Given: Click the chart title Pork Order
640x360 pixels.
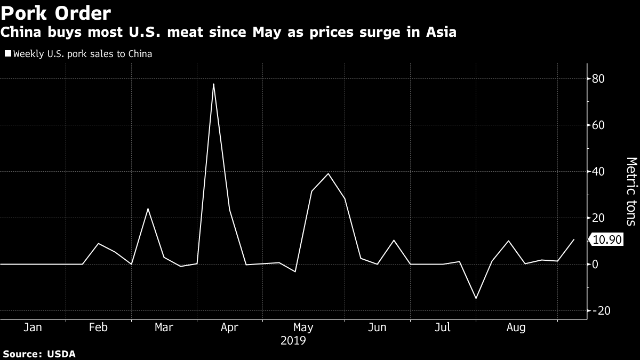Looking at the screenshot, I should (56, 12).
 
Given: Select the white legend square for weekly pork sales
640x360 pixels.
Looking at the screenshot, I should (7, 54).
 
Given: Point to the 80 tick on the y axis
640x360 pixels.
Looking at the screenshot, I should (598, 79).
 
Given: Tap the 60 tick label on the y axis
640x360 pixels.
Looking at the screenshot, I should (598, 125).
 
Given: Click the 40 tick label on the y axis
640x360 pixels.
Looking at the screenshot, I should (598, 172).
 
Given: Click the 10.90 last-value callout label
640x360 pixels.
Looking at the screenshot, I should (607, 240).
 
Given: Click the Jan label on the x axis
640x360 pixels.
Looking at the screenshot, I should (33, 327).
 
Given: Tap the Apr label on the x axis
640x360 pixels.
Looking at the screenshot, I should (229, 327).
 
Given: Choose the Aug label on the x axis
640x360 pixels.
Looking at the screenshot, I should (516, 327).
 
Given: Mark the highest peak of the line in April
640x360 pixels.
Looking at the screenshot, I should (213, 84).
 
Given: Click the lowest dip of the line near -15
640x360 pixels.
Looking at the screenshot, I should (476, 299).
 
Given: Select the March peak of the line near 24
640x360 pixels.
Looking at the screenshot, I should (148, 209).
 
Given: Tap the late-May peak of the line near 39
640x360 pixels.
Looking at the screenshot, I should (328, 174).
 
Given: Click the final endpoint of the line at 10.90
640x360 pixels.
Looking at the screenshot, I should (574, 239).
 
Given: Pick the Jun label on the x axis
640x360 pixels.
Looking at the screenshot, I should (377, 327).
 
